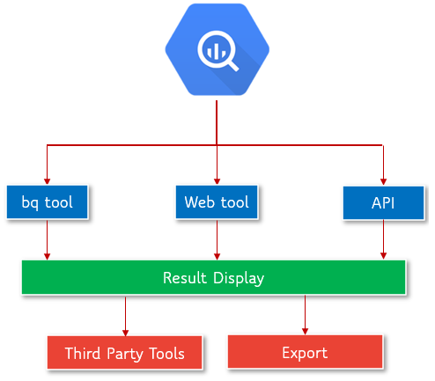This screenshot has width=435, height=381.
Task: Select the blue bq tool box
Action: (47, 202)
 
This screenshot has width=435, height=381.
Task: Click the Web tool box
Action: (217, 202)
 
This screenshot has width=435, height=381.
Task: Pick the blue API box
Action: (382, 202)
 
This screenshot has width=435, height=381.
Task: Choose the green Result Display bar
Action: (213, 278)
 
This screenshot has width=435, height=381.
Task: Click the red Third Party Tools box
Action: (124, 354)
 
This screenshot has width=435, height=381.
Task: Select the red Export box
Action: (305, 353)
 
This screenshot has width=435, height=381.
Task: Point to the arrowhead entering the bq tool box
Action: (47, 180)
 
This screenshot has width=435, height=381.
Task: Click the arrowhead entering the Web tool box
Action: (217, 180)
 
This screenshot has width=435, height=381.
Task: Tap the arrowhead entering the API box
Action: (383, 180)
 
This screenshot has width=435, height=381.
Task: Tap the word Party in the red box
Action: (125, 354)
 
